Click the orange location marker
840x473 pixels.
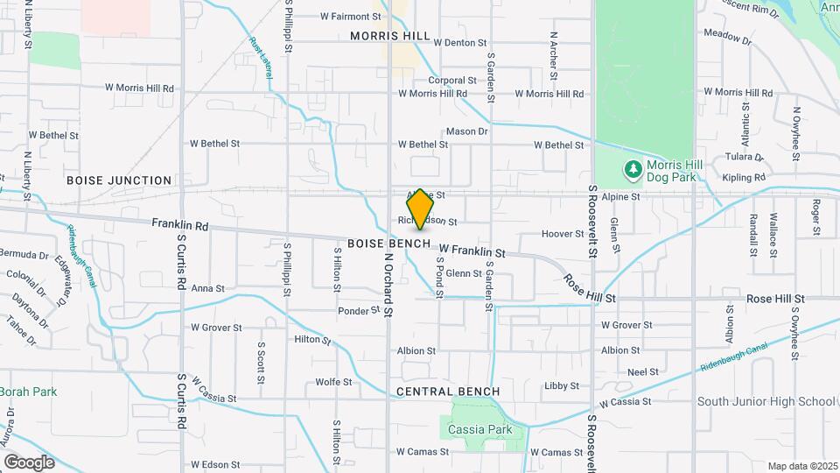(x=420, y=209)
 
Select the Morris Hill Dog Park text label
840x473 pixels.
(x=670, y=171)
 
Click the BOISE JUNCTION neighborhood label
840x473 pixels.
(x=119, y=180)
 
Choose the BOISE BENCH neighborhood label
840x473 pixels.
(x=388, y=243)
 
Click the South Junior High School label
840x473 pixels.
(x=766, y=402)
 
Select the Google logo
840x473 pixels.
(x=29, y=462)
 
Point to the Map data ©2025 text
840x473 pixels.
(x=802, y=466)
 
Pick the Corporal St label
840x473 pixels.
(x=451, y=80)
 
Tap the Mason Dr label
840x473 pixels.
(x=466, y=131)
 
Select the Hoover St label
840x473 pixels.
(x=563, y=234)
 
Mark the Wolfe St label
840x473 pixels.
(x=333, y=382)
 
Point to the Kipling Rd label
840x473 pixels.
(x=745, y=178)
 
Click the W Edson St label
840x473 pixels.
(x=215, y=464)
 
